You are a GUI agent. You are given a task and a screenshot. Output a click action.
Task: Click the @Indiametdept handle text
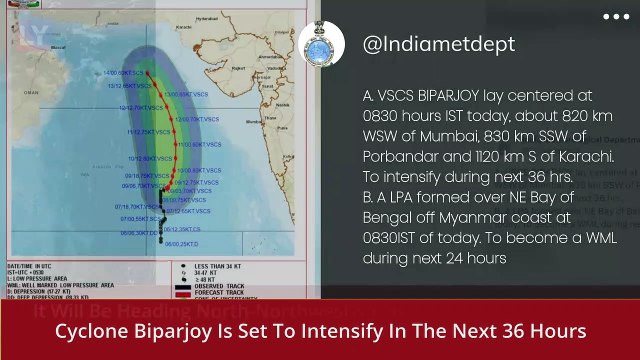[x=438, y=44]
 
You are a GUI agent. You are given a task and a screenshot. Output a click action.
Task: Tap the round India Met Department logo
[x=322, y=43]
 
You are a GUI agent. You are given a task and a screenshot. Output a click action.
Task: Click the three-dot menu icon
[x=616, y=17]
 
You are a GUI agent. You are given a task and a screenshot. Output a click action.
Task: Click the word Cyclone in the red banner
[x=87, y=331]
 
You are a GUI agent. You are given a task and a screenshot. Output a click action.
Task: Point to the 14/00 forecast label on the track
[x=111, y=73]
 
